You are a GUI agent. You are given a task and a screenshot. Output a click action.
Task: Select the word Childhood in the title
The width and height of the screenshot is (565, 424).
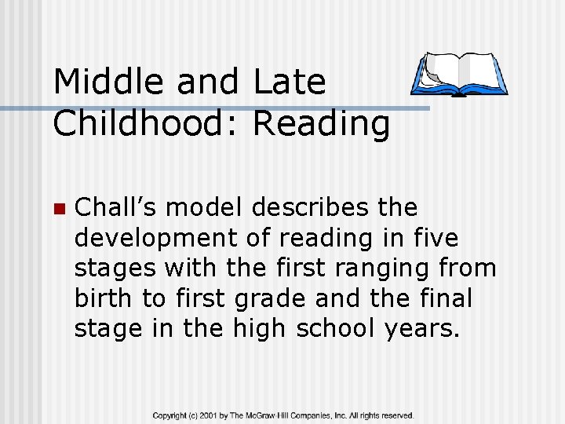pos(145,124)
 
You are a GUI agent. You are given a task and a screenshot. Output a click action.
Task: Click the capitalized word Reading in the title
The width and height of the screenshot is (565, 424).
pos(321,124)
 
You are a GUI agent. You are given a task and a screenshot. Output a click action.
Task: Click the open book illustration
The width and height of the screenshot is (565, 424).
pos(459,75)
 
